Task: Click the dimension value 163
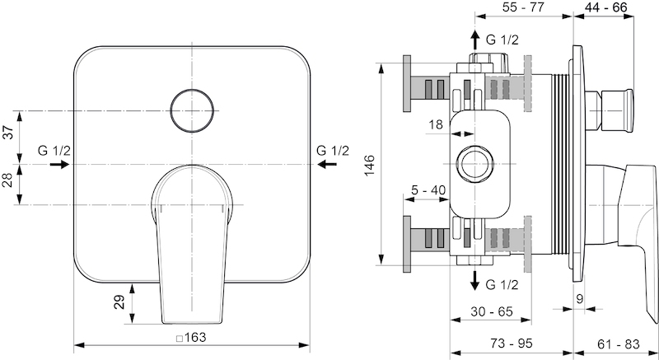click(x=195, y=337)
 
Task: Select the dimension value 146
click(x=369, y=165)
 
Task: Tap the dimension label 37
click(x=10, y=132)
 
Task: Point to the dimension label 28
click(x=10, y=180)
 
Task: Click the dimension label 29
click(x=119, y=302)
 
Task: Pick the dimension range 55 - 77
click(x=523, y=7)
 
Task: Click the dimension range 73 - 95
click(x=511, y=344)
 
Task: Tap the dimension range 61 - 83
click(x=618, y=344)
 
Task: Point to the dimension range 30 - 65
click(x=492, y=311)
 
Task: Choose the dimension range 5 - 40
click(x=428, y=190)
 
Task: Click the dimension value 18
click(x=436, y=124)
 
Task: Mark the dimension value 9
click(x=580, y=299)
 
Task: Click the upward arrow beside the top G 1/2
click(x=475, y=40)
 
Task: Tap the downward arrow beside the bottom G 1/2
click(x=475, y=281)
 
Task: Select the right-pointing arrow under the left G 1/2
click(x=59, y=164)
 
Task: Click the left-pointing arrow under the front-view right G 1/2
click(x=327, y=164)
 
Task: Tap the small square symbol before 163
click(x=180, y=338)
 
